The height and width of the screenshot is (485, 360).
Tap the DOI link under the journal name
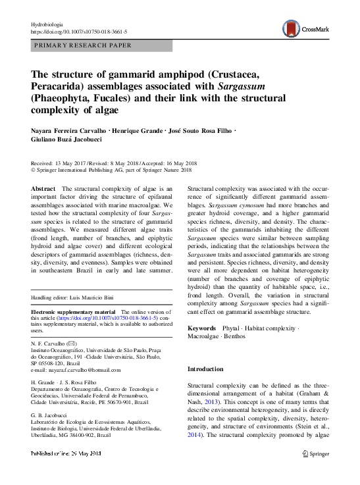click(80, 31)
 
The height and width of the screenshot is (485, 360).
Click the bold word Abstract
click(44, 188)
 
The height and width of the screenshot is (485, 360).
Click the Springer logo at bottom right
click(315, 472)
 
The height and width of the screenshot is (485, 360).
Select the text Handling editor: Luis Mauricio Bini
click(75, 299)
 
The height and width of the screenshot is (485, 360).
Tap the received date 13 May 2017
click(74, 164)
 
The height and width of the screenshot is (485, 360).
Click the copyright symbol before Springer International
click(34, 170)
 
